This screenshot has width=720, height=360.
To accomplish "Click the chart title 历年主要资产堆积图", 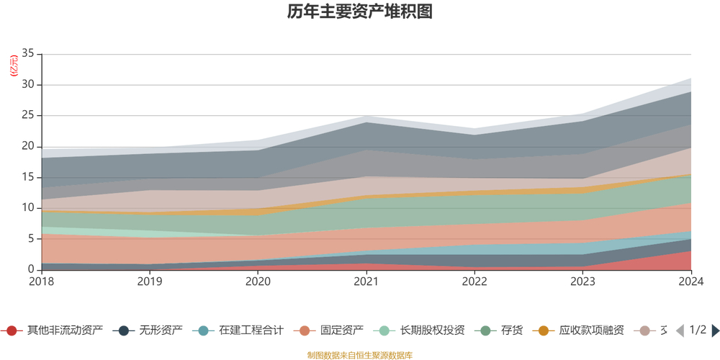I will pyautogui.click(x=359, y=12).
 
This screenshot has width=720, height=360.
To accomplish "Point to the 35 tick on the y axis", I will pyautogui.click(x=28, y=54).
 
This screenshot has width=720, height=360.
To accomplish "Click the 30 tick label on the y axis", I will pyautogui.click(x=28, y=85).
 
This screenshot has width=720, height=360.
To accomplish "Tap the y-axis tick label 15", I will pyautogui.click(x=28, y=177).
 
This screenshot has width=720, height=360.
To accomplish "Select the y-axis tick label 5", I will pyautogui.click(x=31, y=238).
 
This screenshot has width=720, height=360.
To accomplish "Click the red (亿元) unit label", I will pyautogui.click(x=13, y=66).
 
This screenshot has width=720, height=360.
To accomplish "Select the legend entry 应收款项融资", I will pyautogui.click(x=590, y=330).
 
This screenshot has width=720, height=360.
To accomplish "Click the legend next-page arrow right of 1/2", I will pyautogui.click(x=715, y=330).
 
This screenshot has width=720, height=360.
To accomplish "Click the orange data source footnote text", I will pyautogui.click(x=359, y=355).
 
